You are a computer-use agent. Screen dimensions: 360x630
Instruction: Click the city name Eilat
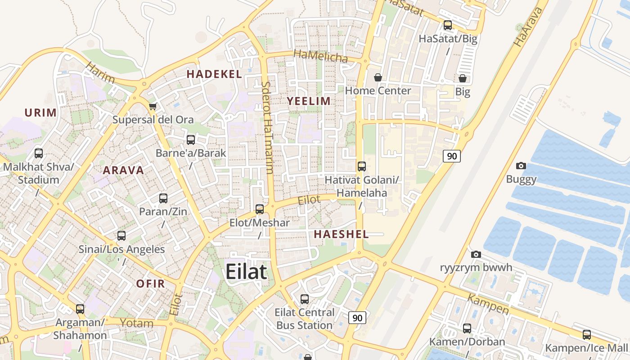(246, 272)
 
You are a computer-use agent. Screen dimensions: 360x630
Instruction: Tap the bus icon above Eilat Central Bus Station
(305, 299)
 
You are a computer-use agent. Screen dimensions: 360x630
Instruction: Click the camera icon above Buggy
(521, 166)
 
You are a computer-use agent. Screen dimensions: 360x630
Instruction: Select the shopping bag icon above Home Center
(378, 78)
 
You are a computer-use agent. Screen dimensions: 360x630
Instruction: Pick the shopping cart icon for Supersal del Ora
(153, 107)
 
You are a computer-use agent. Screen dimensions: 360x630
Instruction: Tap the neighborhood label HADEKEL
(214, 74)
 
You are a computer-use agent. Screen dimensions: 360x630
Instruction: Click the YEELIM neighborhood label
(309, 101)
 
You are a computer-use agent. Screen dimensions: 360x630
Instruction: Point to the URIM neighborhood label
(41, 112)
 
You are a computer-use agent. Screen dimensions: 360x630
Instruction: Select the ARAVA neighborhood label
(123, 171)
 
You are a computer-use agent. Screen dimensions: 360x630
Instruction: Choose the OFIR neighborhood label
(150, 284)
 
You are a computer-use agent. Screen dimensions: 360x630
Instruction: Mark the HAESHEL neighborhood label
(341, 234)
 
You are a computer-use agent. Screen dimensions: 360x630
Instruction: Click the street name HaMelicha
(320, 56)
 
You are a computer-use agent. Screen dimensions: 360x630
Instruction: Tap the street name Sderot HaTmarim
(267, 127)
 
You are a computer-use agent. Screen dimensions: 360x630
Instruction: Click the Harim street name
(100, 73)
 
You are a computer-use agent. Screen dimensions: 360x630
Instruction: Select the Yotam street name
(136, 323)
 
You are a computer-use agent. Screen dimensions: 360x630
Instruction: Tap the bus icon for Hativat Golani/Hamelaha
(362, 166)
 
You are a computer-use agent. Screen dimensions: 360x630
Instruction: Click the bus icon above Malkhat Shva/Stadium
(39, 153)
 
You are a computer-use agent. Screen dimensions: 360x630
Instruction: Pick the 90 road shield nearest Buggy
(451, 156)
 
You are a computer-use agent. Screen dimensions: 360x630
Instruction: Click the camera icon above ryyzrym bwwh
(476, 255)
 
